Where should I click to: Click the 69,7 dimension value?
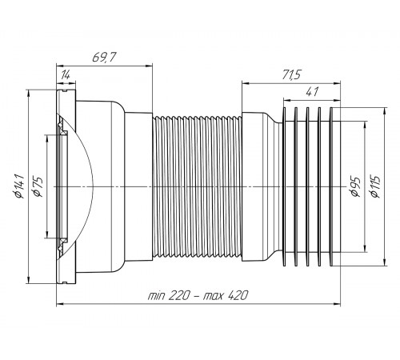[x=104, y=58]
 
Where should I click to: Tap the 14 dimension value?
[x=65, y=75]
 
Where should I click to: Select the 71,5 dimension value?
[x=291, y=74]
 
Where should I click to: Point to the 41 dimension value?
[x=312, y=92]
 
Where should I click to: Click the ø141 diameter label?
[x=20, y=186]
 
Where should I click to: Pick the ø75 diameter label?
[x=38, y=186]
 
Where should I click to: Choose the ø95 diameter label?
[x=356, y=186]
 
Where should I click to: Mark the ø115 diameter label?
[x=375, y=186]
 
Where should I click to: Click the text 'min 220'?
[x=169, y=295]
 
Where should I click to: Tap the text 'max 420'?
[x=226, y=295]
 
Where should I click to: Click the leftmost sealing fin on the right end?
[x=284, y=186]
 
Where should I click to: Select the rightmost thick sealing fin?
[x=331, y=186]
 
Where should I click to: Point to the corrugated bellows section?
[x=198, y=186]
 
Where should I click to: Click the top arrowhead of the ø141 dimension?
[x=28, y=93]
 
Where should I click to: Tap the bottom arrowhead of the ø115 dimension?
[x=384, y=262]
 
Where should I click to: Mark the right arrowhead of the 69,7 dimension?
[x=149, y=66]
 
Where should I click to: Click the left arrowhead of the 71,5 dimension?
[x=246, y=83]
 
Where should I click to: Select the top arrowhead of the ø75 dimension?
[x=47, y=138]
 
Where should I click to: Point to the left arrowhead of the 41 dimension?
[x=287, y=101]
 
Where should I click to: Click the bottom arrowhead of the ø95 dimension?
[x=365, y=249]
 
